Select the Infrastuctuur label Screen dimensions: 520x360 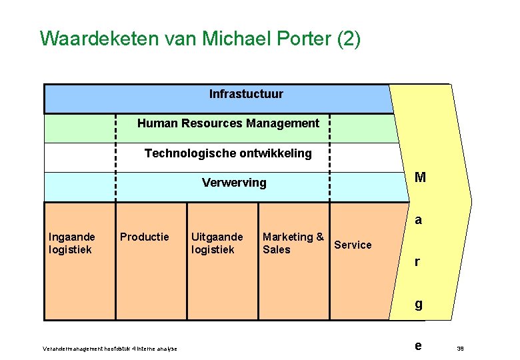pos(246,94)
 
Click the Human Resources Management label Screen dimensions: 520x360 pos(228,123)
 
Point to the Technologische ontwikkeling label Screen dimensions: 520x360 pos(228,153)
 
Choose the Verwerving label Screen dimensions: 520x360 pos(234,183)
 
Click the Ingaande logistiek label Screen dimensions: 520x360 pos(72,243)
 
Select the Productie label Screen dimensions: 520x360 pos(144,237)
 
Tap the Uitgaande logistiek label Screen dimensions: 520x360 pos(217,243)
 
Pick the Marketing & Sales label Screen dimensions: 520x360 pos(293,243)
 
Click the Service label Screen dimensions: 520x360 pos(353,245)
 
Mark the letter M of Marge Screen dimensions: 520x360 pos(420,177)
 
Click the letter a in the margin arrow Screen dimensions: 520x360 pos(418,219)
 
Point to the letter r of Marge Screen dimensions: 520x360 pos(417,262)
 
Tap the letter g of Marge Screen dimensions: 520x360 pos(418,305)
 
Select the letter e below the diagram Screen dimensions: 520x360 pos(418,346)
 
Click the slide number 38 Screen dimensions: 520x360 pos(459,349)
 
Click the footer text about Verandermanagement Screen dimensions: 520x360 pos(109,349)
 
